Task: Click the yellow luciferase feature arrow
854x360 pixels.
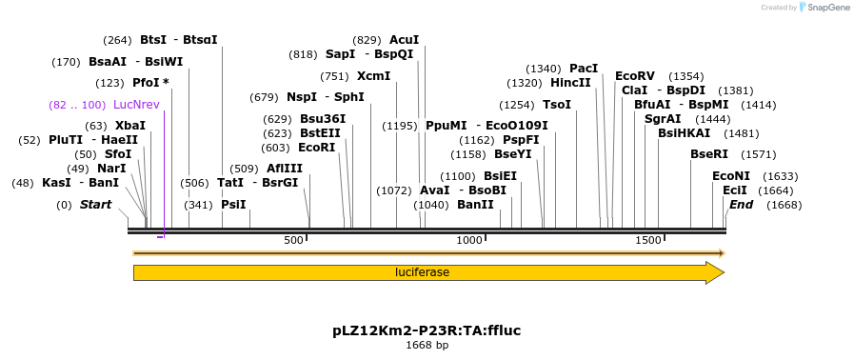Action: pyautogui.click(x=422, y=272)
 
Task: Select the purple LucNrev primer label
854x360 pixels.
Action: pyautogui.click(x=136, y=105)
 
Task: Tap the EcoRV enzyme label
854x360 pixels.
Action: pyautogui.click(x=635, y=76)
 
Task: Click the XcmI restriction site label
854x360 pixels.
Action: pyautogui.click(x=373, y=76)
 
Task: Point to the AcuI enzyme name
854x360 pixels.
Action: pyautogui.click(x=404, y=40)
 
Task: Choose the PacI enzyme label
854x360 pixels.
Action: pyautogui.click(x=584, y=69)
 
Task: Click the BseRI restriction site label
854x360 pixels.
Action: pyautogui.click(x=708, y=153)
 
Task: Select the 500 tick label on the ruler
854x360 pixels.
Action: pyautogui.click(x=293, y=240)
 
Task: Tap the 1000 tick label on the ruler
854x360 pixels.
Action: pyautogui.click(x=469, y=240)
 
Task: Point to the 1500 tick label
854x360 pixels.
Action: pyautogui.click(x=648, y=240)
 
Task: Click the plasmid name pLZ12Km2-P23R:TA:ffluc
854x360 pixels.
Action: pyautogui.click(x=427, y=330)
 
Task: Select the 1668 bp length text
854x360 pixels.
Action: pyautogui.click(x=427, y=345)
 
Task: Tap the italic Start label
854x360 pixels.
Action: pyautogui.click(x=95, y=205)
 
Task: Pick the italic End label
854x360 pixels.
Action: pyautogui.click(x=741, y=205)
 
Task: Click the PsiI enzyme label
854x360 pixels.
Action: pyautogui.click(x=233, y=205)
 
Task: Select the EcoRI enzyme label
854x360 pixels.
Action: pyautogui.click(x=317, y=148)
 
